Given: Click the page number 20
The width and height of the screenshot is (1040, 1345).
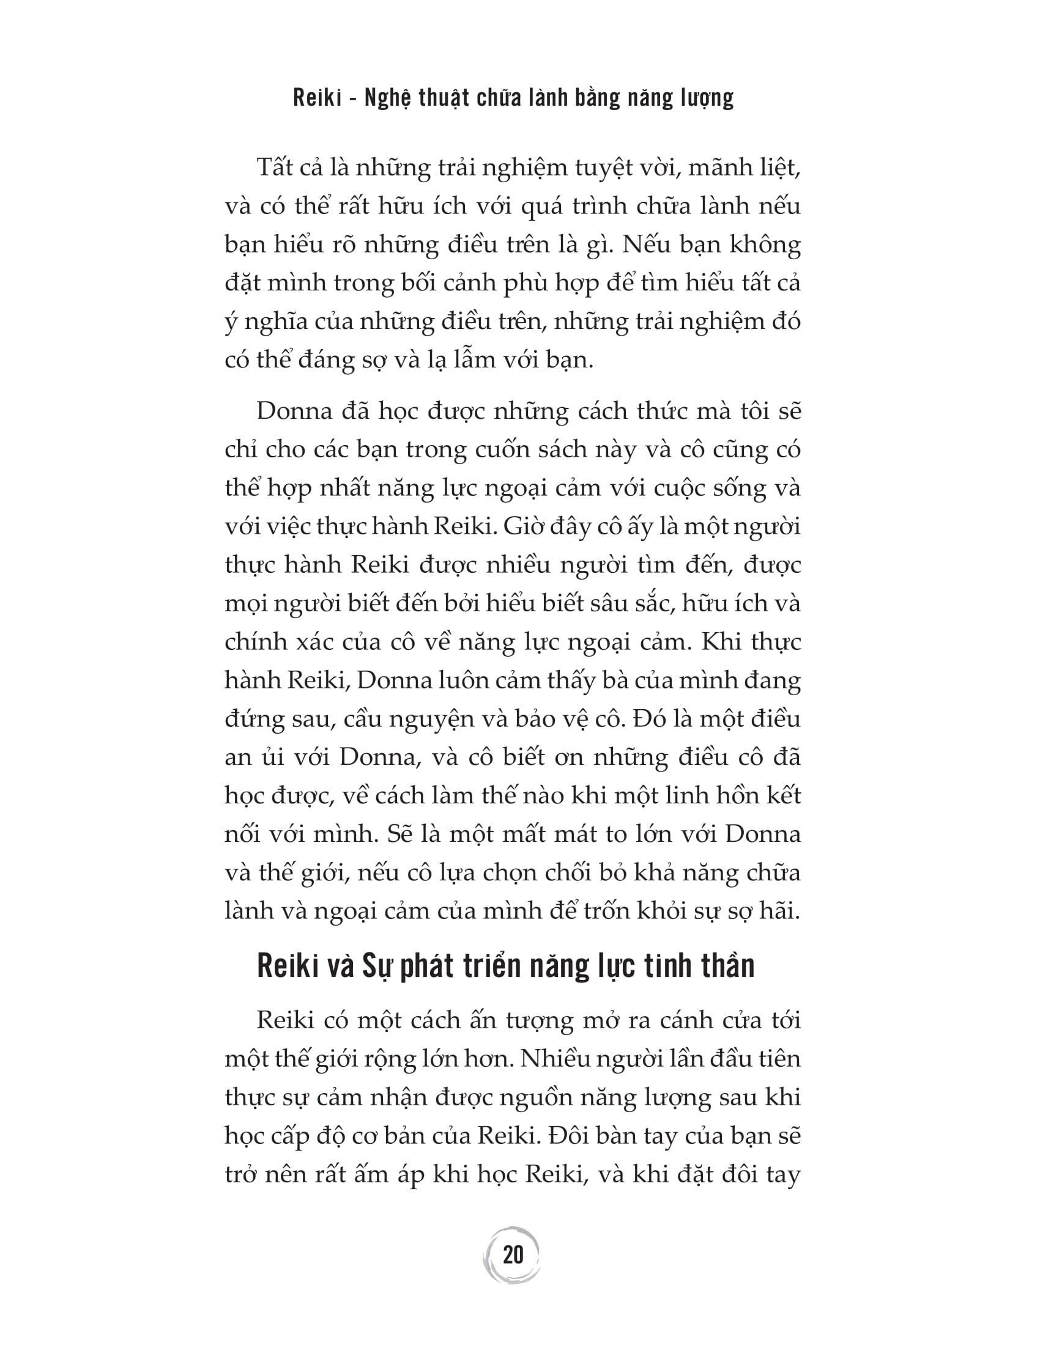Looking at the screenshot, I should click(513, 1255).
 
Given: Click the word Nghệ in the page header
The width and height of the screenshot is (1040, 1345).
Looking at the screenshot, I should click(389, 98).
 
